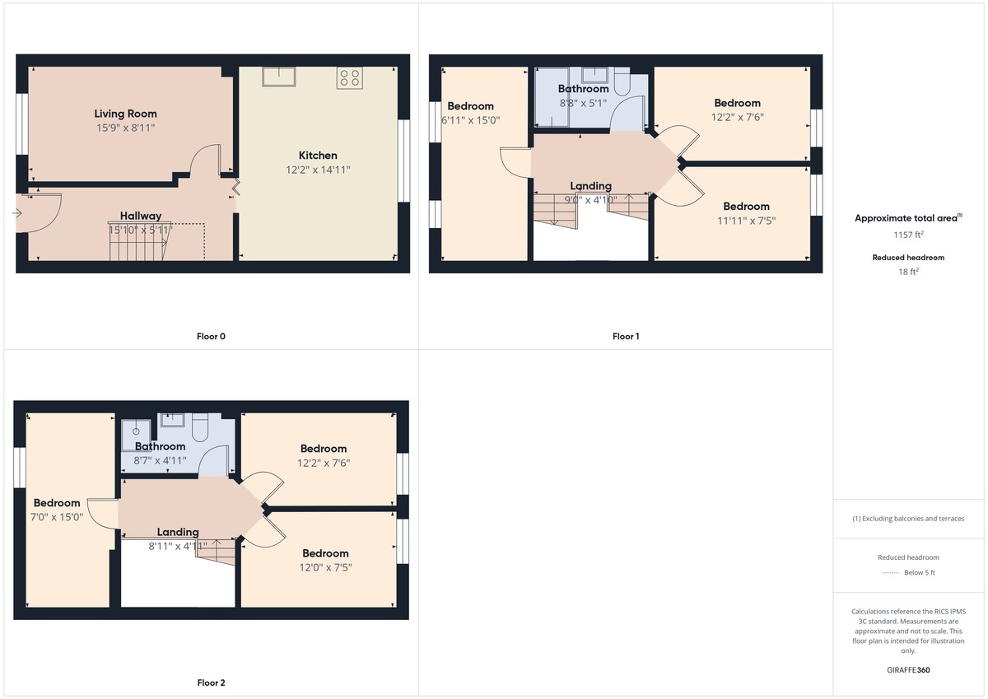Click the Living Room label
point(125,114)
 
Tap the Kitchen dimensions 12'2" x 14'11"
point(318,170)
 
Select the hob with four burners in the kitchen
point(349,77)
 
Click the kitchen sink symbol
point(279,77)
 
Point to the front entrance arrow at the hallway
point(18,213)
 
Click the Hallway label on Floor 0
point(141,216)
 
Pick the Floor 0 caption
point(211,336)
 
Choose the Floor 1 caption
point(626,336)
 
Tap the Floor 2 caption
point(211,683)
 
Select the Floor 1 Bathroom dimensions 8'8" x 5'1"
point(583,103)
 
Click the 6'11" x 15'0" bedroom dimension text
point(471,120)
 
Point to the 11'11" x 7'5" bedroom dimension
point(746,221)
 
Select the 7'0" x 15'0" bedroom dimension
point(57,517)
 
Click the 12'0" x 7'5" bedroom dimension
point(325,567)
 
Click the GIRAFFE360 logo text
point(908,670)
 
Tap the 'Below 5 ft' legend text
point(919,572)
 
